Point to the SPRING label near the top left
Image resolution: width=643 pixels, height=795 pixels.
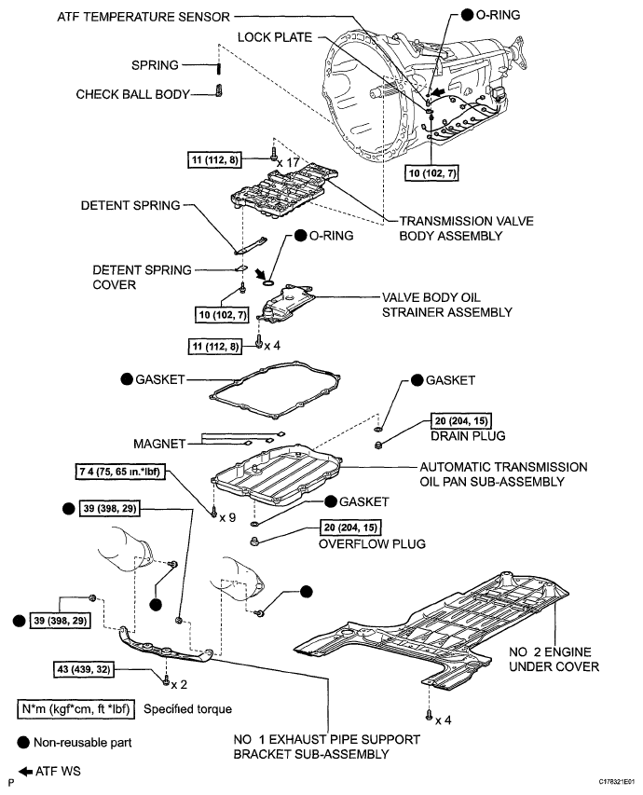pyautogui.click(x=154, y=65)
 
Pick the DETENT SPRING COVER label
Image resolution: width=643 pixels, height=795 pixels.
pyautogui.click(x=143, y=278)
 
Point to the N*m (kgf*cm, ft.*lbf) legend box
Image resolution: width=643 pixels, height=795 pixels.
pyautogui.click(x=77, y=709)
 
